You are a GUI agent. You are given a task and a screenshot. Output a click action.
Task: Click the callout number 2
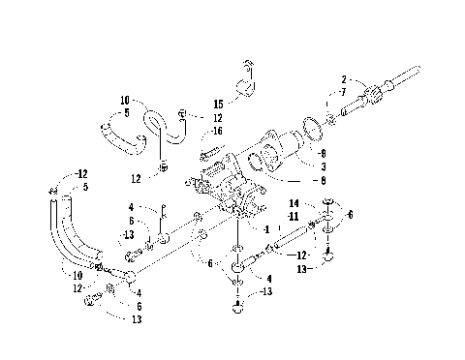pos(343,77)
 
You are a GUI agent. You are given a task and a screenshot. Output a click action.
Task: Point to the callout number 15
pos(219,104)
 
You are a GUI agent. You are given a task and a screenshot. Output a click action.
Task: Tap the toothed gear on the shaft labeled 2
pos(373,97)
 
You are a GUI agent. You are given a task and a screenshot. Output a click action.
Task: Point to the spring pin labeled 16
pos(207,153)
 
